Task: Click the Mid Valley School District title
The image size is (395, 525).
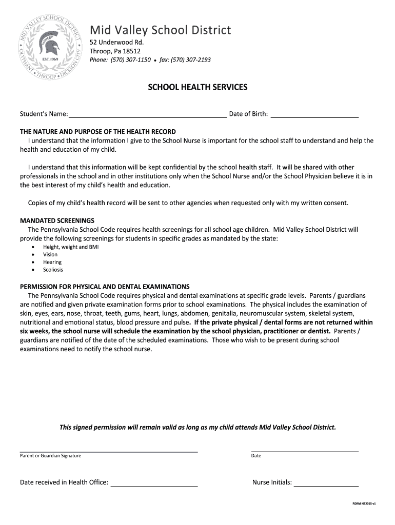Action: coord(160,30)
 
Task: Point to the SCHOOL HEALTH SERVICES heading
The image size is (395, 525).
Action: coord(197,87)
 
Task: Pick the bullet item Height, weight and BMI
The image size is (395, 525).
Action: coord(71,247)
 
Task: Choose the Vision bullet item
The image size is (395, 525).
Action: coord(50,255)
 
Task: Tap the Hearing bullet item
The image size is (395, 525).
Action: coord(52,262)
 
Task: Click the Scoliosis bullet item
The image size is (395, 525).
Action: coord(53,270)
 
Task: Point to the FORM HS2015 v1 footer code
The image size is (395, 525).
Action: coord(364,504)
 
